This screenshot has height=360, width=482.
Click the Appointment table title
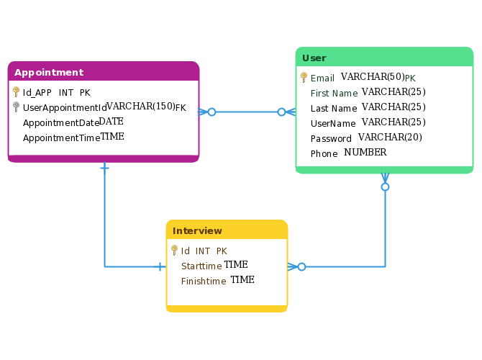49,73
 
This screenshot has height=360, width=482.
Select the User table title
314,58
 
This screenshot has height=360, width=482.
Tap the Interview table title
197,231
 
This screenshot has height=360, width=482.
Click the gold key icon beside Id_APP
17,91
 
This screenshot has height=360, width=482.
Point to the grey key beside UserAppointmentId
17,107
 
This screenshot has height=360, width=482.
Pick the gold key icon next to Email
304,77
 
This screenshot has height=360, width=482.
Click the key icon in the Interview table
174,250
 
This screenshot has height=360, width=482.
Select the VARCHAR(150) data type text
141,106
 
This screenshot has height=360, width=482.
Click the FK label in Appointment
181,108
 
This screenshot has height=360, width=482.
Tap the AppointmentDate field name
61,123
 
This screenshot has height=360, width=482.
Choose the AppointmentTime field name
61,138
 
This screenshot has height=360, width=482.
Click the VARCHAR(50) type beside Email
373,76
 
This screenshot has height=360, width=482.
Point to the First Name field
334,93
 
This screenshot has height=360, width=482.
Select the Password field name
331,139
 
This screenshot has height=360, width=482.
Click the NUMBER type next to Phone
365,153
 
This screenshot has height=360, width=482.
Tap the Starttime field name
201,266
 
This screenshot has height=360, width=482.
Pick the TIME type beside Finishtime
242,279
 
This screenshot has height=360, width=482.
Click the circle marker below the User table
385,186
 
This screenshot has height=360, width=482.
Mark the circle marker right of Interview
302,267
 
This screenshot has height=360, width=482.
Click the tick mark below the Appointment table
104,168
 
